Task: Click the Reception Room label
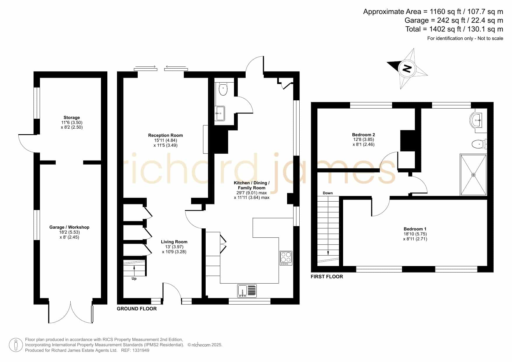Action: tap(165, 135)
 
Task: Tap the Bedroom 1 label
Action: tap(415, 229)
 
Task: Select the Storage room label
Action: tap(72, 118)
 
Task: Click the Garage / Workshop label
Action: tap(69, 227)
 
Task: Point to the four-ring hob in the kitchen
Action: tap(286, 258)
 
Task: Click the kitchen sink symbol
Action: tap(247, 291)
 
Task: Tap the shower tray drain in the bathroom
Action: tap(473, 175)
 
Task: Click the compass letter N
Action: tap(407, 69)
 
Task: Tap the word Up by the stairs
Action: tap(134, 279)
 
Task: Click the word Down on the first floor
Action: tap(328, 193)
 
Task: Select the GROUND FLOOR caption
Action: tap(137, 309)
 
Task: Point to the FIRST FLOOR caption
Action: tap(327, 277)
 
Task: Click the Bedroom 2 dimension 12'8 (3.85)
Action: tap(364, 139)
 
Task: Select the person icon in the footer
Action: tap(16, 345)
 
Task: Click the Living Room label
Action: tap(174, 242)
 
